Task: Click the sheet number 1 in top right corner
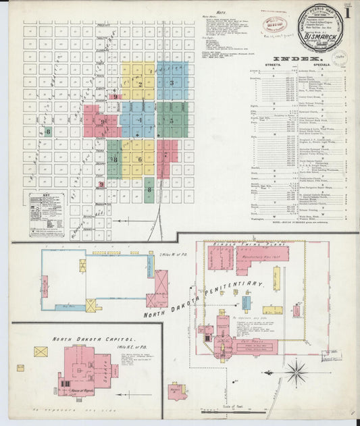347,14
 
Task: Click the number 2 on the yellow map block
139,84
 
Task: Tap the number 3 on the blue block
172,83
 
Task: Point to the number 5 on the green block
172,122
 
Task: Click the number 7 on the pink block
165,155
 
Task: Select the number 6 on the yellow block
140,159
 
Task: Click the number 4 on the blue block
140,121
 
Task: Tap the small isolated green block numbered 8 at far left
49,132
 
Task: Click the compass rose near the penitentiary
296,370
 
